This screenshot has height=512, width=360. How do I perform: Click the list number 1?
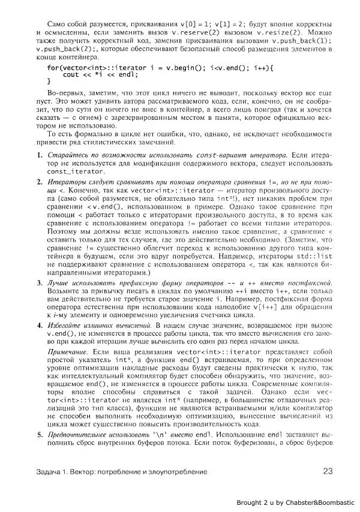39,155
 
